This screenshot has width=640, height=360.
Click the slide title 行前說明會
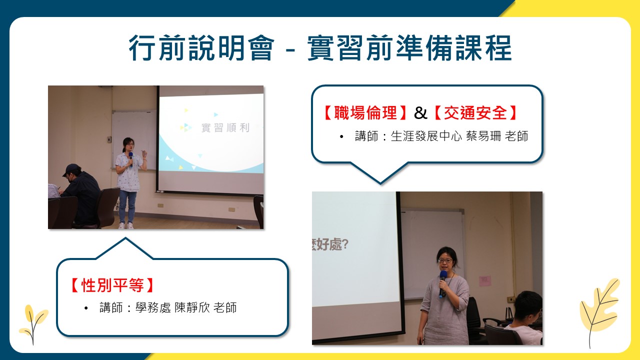click(201, 47)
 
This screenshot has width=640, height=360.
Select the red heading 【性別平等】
click(112, 285)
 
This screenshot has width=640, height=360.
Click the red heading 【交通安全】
click(475, 112)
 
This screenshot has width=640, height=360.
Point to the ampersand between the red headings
click(420, 113)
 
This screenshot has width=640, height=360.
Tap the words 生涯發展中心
click(426, 136)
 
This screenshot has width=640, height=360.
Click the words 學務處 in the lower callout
click(153, 307)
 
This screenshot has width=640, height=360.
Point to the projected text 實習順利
click(225, 127)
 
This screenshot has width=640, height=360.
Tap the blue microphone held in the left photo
click(131, 158)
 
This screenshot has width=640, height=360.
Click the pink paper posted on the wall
click(485, 281)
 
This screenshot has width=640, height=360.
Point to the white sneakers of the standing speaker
click(126, 225)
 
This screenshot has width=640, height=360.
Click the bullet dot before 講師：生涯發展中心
click(341, 137)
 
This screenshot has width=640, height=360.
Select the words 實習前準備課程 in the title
click(409, 47)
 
